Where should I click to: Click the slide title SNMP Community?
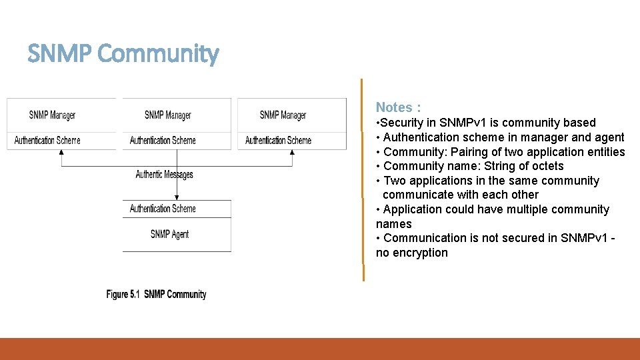click(123, 54)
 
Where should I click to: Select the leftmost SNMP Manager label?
click(52, 115)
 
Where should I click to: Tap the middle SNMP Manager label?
click(167, 115)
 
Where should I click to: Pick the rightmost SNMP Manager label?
click(283, 115)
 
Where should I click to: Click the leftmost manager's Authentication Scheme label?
click(47, 140)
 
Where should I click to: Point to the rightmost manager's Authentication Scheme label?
click(278, 140)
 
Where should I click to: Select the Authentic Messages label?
click(164, 175)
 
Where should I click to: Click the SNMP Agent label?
click(169, 234)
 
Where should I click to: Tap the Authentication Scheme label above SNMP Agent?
click(163, 209)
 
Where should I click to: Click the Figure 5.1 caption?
click(156, 294)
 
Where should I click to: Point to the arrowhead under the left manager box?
click(61, 153)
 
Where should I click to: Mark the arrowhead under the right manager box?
click(292, 153)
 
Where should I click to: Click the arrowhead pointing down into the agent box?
click(177, 197)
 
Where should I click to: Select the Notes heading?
click(398, 107)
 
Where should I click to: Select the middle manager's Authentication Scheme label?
click(163, 140)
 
